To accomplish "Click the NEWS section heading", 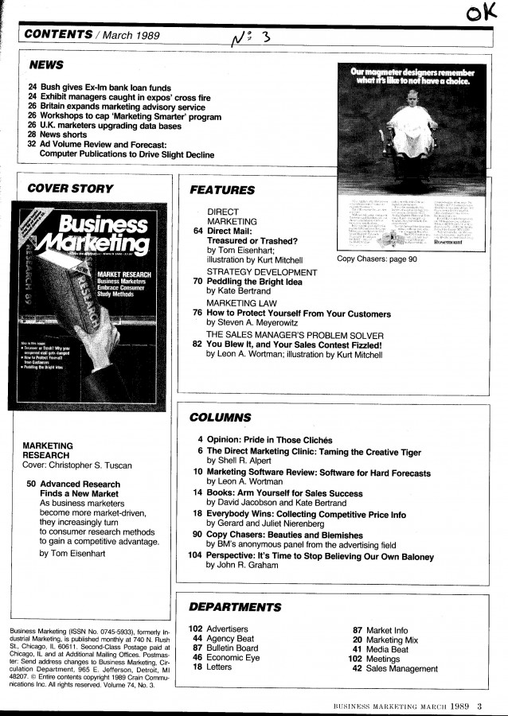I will pyautogui.click(x=46, y=64).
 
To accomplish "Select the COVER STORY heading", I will pyautogui.click(x=70, y=189).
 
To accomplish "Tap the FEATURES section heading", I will pyautogui.click(x=222, y=190).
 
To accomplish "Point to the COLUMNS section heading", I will pyautogui.click(x=221, y=417).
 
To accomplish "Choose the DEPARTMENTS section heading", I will pyautogui.click(x=235, y=607).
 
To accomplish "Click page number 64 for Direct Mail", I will pyautogui.click(x=198, y=231).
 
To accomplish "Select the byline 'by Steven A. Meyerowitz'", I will pyautogui.click(x=256, y=324).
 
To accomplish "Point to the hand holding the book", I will pyautogui.click(x=101, y=335).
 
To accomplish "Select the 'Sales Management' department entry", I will pyautogui.click(x=401, y=668).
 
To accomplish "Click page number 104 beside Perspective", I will pyautogui.click(x=194, y=557).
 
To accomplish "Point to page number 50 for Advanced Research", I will pyautogui.click(x=30, y=484).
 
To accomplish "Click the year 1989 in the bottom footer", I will pyautogui.click(x=459, y=706).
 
